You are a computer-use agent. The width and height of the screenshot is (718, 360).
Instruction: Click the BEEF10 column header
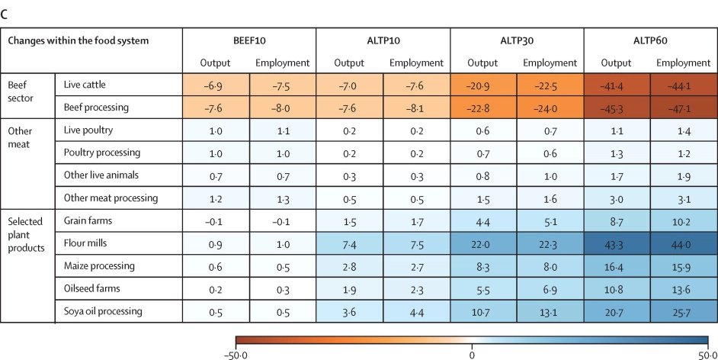249,40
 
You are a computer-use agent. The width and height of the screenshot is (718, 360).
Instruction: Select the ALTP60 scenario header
650,40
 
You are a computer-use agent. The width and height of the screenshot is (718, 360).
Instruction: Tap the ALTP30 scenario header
517,40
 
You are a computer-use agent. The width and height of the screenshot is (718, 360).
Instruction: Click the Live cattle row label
85,85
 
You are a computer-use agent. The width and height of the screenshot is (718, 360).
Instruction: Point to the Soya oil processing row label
103,311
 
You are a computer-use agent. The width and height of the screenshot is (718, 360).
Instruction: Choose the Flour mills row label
85,243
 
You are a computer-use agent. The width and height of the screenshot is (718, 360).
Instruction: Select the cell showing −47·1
684,108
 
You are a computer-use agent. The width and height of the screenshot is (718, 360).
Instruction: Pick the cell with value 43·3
617,243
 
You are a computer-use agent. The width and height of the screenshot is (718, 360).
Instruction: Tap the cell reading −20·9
483,85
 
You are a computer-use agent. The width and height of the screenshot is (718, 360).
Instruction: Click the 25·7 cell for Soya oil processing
684,311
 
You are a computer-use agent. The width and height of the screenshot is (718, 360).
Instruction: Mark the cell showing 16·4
617,266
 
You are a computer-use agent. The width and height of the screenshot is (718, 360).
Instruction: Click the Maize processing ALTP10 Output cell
349,266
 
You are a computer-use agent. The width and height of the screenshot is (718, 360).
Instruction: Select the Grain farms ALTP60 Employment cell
684,220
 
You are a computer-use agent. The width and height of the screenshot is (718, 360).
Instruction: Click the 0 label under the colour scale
472,355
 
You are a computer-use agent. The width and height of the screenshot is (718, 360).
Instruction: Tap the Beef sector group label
21,92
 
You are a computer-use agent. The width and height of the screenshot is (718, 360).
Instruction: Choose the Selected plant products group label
26,234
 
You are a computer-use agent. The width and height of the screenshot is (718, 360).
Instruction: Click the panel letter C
4,14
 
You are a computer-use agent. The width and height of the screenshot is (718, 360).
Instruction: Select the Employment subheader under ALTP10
416,63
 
